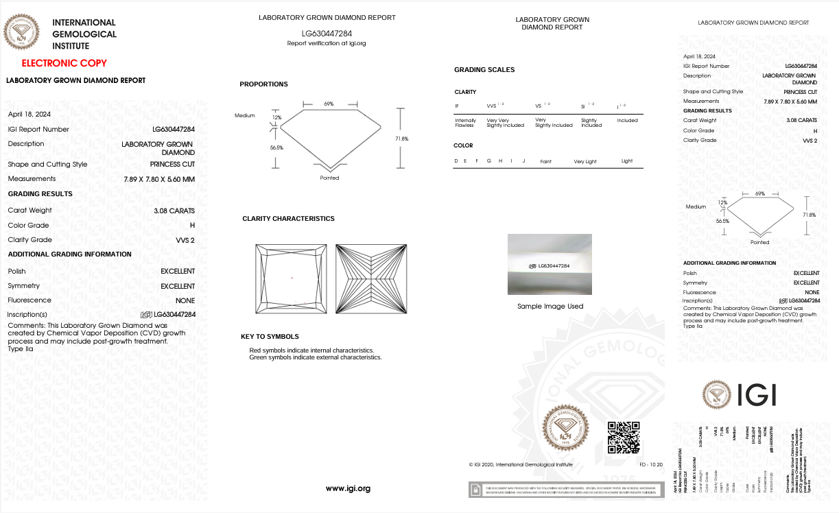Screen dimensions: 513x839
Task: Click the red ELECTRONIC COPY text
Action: [64, 63]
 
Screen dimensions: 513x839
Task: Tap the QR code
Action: [624, 438]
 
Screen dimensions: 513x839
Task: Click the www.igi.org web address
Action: [348, 488]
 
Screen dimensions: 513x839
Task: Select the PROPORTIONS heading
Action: [263, 84]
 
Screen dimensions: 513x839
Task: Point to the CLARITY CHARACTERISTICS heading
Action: [288, 219]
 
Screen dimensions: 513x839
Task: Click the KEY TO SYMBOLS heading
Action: [270, 337]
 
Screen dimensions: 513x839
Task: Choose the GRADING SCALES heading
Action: [484, 70]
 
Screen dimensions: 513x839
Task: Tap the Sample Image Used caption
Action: [550, 306]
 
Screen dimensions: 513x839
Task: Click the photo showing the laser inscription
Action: [550, 264]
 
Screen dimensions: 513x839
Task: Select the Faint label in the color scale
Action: [546, 161]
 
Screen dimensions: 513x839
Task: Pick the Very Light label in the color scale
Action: [585, 161]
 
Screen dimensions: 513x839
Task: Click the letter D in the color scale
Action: [456, 160]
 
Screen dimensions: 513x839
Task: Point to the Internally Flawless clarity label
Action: [465, 123]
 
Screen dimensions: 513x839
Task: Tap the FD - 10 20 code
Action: [651, 465]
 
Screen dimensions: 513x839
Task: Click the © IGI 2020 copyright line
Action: [520, 465]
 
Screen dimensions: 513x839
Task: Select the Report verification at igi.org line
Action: [327, 43]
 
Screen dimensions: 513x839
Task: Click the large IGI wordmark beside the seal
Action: [757, 394]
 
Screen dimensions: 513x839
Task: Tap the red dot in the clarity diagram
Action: [292, 278]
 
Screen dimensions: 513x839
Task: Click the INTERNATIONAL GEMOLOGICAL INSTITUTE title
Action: [84, 34]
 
